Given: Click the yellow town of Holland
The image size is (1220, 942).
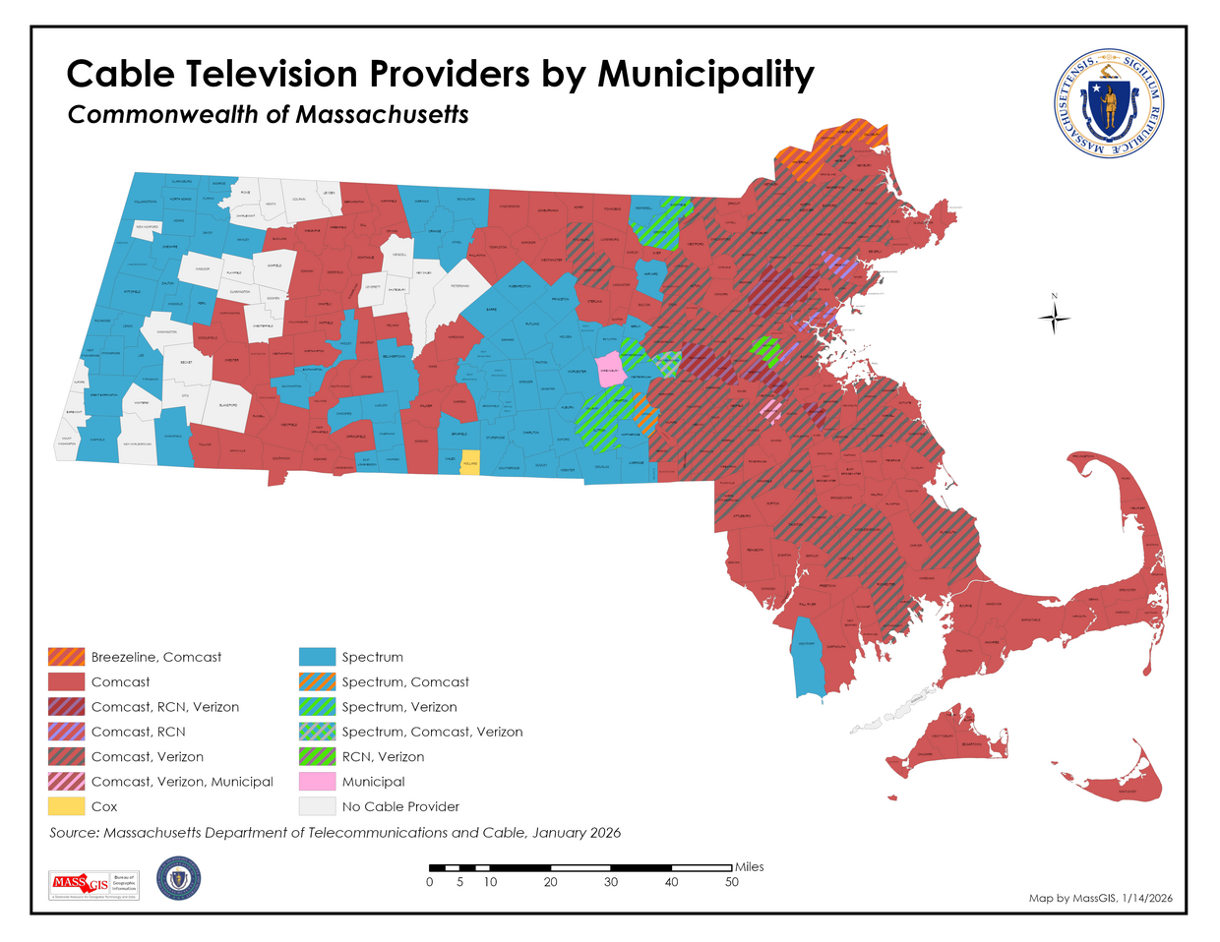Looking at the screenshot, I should click(x=470, y=464).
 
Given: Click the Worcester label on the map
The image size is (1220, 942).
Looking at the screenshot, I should click(x=577, y=372).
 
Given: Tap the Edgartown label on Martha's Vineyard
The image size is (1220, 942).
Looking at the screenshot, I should click(x=970, y=745).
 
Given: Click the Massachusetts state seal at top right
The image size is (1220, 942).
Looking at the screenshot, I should click(x=1108, y=104).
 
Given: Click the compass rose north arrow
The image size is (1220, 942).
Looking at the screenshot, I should click(x=1054, y=317).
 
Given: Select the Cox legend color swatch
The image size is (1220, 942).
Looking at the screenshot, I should click(x=67, y=806).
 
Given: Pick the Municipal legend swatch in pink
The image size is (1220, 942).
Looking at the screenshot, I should click(x=317, y=782).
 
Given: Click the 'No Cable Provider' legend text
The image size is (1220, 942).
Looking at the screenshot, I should click(x=400, y=806).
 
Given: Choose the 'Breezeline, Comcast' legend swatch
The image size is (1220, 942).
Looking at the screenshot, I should click(x=67, y=657).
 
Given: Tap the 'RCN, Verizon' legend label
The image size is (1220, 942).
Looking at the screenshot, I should click(x=383, y=757).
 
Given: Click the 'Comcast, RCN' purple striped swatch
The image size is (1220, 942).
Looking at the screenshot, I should click(x=67, y=732).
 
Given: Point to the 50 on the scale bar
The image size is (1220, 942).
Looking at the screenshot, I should click(x=731, y=882).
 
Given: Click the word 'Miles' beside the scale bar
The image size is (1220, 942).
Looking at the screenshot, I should click(x=749, y=866).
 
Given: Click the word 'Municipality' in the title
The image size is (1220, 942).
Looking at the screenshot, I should click(x=705, y=75).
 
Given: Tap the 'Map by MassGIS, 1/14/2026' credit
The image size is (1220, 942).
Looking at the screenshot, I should click(x=1100, y=898).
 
